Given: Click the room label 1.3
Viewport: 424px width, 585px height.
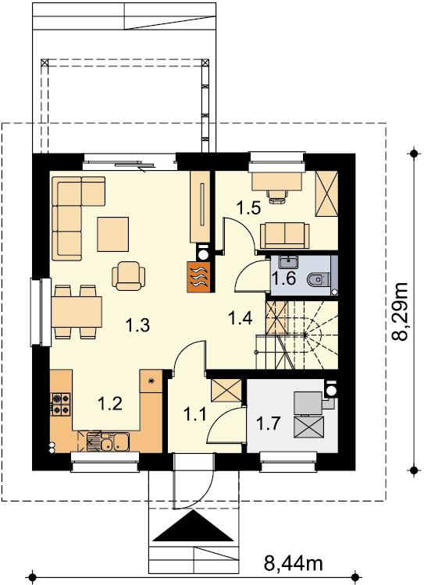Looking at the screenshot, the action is point(138,325).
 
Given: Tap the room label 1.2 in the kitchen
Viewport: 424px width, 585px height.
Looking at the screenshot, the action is point(109,403).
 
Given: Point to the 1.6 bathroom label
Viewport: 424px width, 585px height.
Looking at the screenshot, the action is point(283,278).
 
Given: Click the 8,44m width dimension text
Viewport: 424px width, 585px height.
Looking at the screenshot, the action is point(294,563).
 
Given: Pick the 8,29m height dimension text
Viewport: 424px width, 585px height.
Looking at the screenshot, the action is point(400,311).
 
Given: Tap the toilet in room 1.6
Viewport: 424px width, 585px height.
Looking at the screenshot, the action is point(318,278).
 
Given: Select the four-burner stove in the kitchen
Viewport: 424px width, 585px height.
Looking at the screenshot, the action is point(61,404).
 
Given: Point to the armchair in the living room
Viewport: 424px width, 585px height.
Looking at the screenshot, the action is point(129,275).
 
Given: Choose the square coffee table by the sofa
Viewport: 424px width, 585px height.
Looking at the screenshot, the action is point(112,234).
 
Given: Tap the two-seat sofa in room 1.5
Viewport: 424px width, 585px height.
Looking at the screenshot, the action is point(285,236).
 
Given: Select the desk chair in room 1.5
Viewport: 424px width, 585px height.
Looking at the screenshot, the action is point(277,197).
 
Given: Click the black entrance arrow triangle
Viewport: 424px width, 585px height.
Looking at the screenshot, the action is point(194,526).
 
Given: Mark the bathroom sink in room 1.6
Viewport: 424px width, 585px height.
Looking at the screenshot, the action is point(288,262).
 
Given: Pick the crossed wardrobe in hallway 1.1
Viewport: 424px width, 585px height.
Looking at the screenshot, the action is point(226,391).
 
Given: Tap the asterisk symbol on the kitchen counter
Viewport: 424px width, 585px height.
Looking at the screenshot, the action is point(151,381).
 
